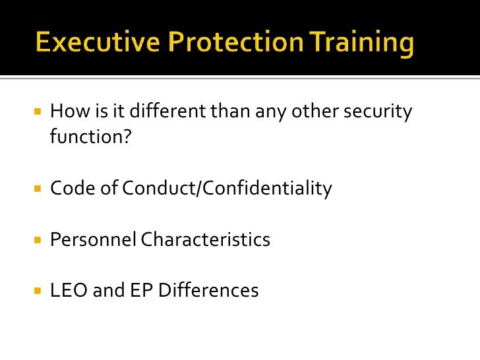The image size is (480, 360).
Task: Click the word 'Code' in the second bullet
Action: pos(69,189)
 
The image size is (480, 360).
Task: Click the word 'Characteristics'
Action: pos(206,239)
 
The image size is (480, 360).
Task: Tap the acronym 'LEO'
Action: pos(69,290)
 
